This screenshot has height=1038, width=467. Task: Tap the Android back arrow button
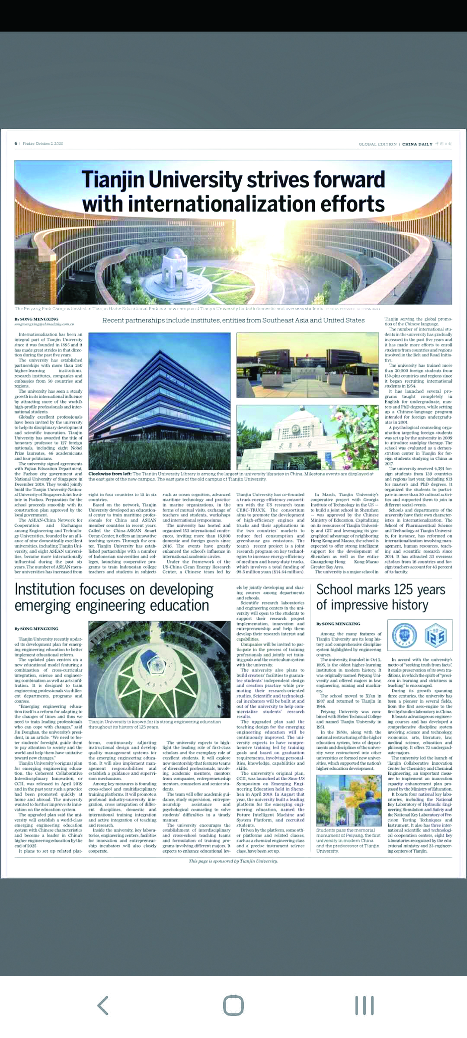tap(103, 1005)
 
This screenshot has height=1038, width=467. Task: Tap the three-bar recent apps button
tap(364, 1005)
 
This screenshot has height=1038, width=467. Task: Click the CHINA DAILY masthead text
tap(417, 144)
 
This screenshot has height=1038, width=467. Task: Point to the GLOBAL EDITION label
tap(377, 144)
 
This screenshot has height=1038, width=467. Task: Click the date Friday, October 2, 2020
tap(43, 144)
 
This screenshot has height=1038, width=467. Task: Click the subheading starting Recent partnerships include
tap(233, 320)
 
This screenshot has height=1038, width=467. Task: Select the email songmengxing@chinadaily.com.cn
tap(44, 324)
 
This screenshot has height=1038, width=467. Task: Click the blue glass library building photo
tap(159, 401)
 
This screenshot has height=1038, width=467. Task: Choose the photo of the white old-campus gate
tap(307, 437)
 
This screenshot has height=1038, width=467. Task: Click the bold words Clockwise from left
tap(110, 474)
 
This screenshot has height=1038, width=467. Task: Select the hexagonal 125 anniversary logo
tap(435, 636)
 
